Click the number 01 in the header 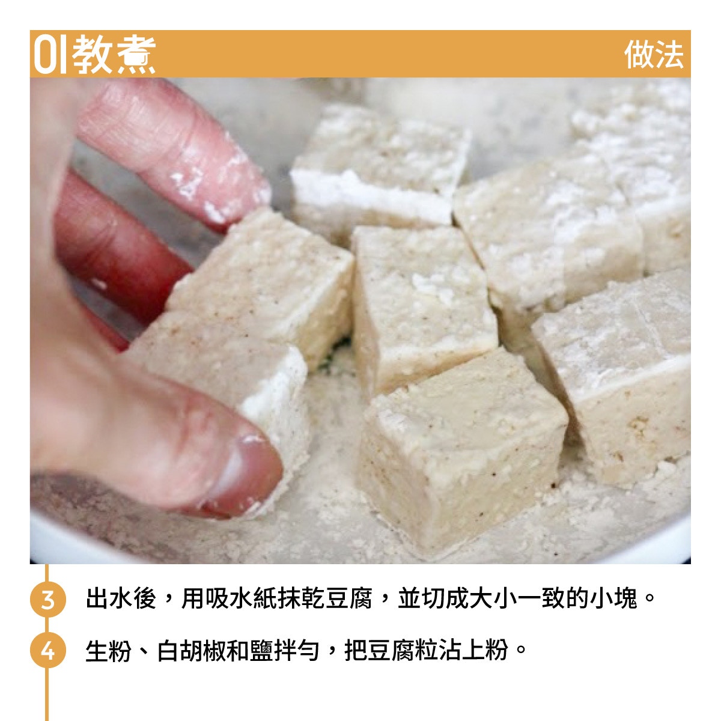(x=50, y=54)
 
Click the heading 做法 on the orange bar (x=654, y=54)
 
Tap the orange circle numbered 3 (x=47, y=600)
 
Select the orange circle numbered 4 (x=47, y=650)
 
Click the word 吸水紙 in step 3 (x=242, y=599)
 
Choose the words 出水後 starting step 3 (x=121, y=599)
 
